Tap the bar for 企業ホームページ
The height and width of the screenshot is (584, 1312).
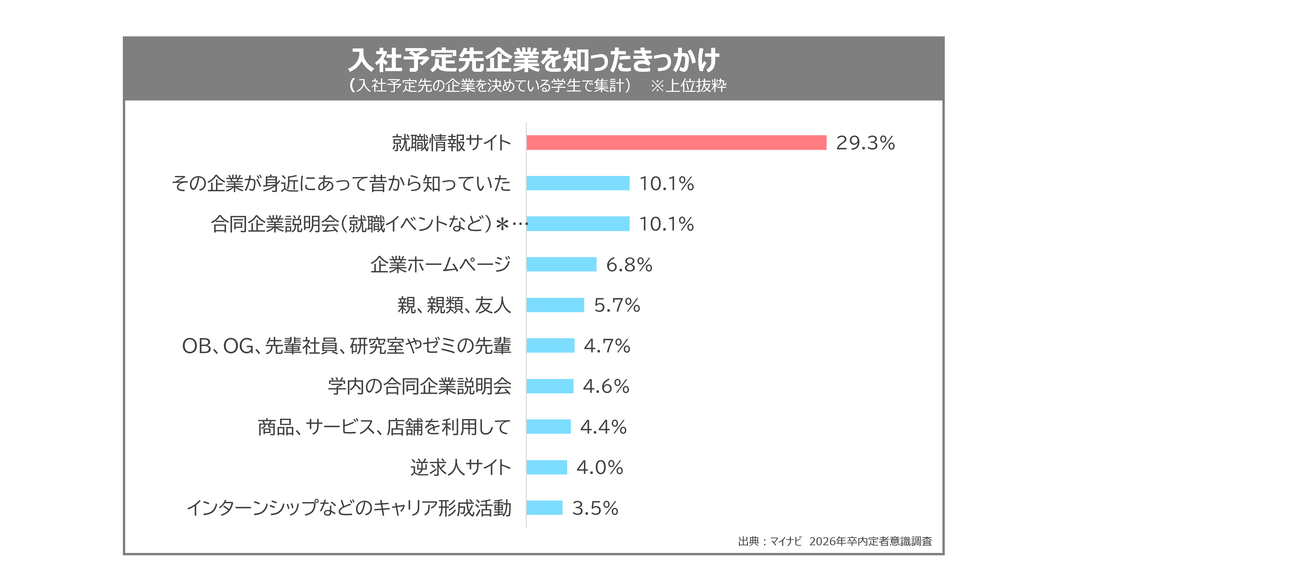click(561, 264)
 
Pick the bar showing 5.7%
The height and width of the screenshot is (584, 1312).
click(555, 305)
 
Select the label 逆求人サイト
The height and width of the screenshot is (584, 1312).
click(460, 467)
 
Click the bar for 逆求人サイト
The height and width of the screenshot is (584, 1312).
click(546, 467)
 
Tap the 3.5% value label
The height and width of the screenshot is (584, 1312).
click(595, 508)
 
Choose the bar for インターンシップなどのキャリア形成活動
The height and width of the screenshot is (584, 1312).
click(544, 508)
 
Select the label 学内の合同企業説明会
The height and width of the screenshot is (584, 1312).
click(419, 386)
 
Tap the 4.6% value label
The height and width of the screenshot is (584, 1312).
click(606, 386)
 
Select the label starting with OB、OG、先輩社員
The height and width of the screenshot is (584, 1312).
click(346, 346)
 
